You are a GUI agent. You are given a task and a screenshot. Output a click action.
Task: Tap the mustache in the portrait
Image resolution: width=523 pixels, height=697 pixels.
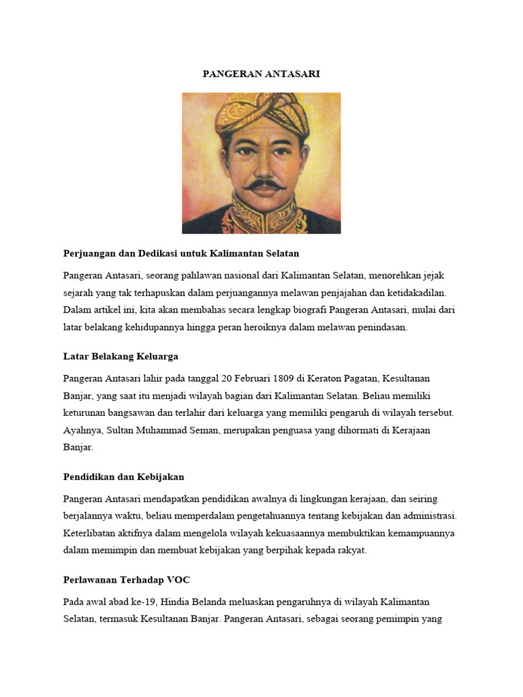[x=264, y=184]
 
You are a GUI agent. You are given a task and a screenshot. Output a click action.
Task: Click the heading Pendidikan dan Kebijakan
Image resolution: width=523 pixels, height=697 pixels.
[x=123, y=476]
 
